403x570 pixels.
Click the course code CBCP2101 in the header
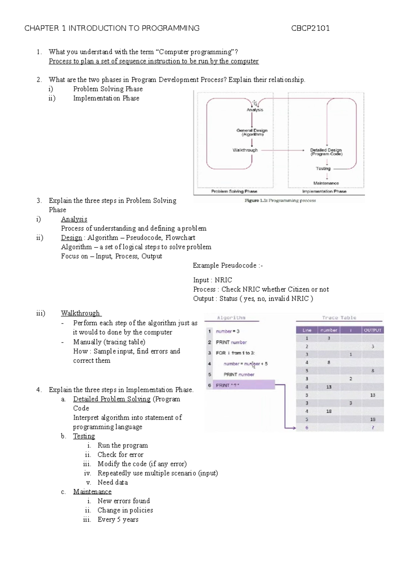coord(310,28)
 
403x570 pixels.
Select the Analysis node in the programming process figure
coord(255,110)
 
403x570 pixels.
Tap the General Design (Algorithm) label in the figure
coord(252,132)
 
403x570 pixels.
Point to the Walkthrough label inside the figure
coord(245,150)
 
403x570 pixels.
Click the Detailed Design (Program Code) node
coord(326,152)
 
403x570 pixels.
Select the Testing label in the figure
coord(323,169)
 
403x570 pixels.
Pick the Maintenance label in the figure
coord(326,183)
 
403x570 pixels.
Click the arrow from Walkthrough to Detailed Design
coord(282,150)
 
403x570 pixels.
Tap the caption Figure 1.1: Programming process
coord(280,200)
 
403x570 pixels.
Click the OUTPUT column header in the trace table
coord(372,330)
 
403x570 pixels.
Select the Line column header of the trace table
coord(307,330)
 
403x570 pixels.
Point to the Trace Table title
coord(339,318)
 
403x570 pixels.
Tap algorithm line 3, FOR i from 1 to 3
coord(235,353)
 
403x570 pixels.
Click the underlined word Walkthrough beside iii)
coord(80,313)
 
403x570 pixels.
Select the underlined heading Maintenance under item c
coord(92,491)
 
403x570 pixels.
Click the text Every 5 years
coord(118,519)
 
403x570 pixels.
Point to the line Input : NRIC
coord(212,280)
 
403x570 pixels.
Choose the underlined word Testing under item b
coord(84,436)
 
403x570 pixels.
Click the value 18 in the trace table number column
coord(329,411)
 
